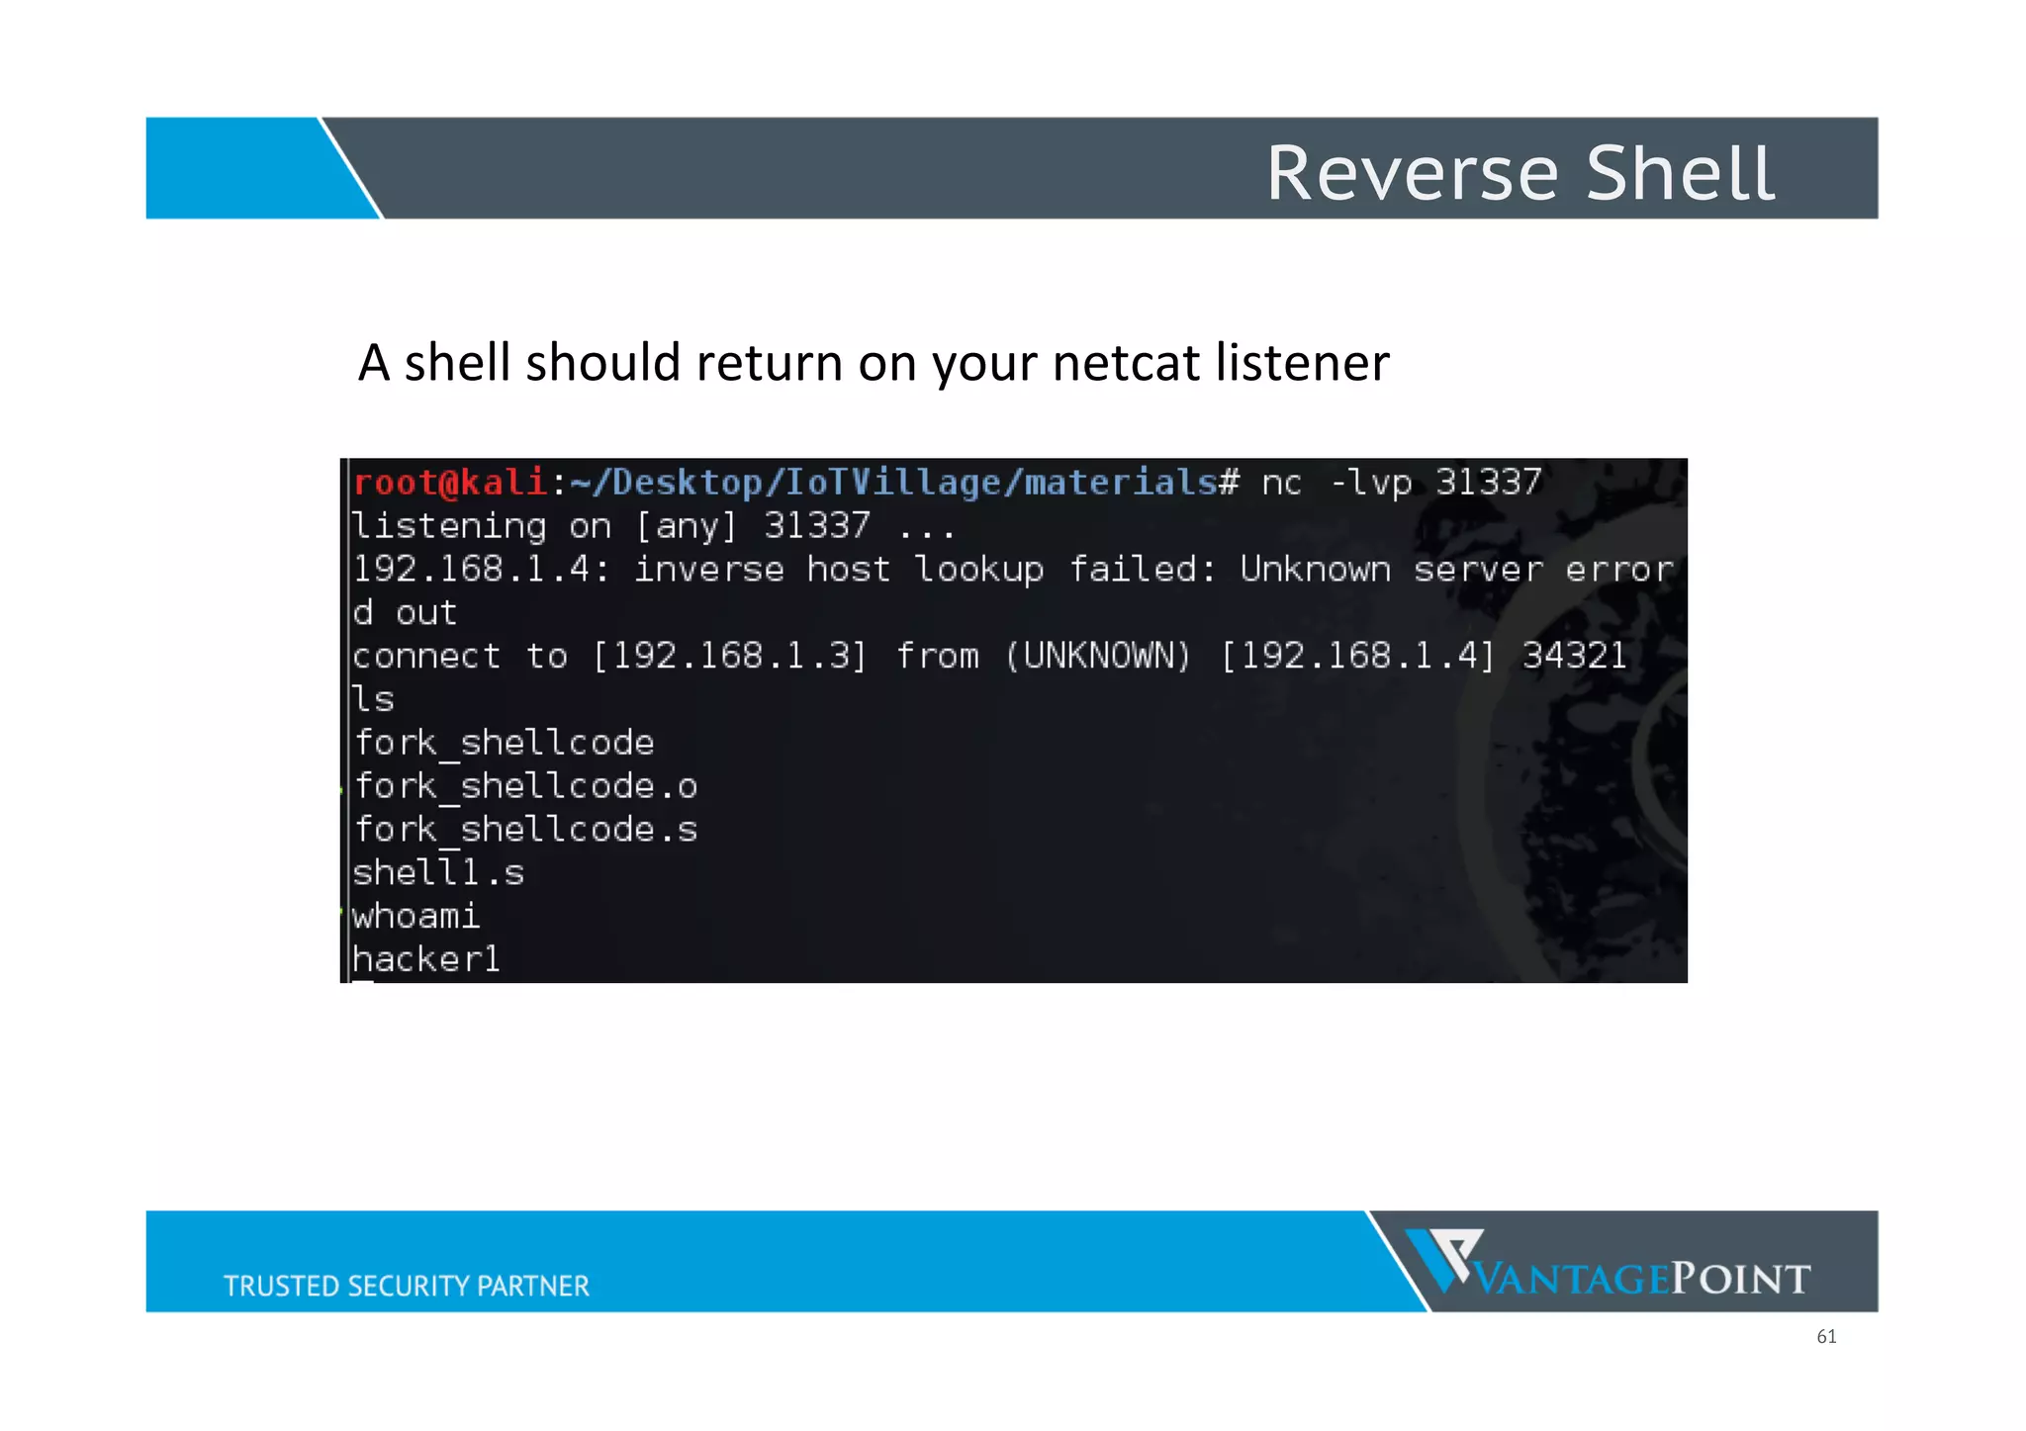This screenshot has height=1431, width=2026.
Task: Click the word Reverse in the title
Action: pos(1413,174)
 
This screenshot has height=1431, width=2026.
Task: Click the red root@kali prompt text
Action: pos(450,483)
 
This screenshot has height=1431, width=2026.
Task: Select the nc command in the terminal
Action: pos(1281,483)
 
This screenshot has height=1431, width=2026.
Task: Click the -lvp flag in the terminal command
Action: pos(1370,483)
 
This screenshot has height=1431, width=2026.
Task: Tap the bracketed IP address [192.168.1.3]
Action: pos(729,656)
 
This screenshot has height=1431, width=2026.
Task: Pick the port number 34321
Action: pos(1574,656)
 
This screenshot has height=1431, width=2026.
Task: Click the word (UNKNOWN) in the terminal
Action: pos(1098,656)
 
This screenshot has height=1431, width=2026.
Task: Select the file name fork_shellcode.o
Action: pos(525,787)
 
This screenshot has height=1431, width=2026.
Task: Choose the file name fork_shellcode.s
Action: pos(525,831)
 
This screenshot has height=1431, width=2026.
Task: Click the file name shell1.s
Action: pos(438,873)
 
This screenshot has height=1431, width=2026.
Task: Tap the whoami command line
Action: pos(415,917)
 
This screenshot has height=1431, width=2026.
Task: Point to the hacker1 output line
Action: pos(426,959)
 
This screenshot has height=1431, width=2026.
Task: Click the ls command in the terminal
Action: pos(374,699)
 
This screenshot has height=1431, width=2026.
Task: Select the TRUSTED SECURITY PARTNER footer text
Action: pos(407,1286)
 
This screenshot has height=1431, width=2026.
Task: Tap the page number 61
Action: pos(1826,1337)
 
